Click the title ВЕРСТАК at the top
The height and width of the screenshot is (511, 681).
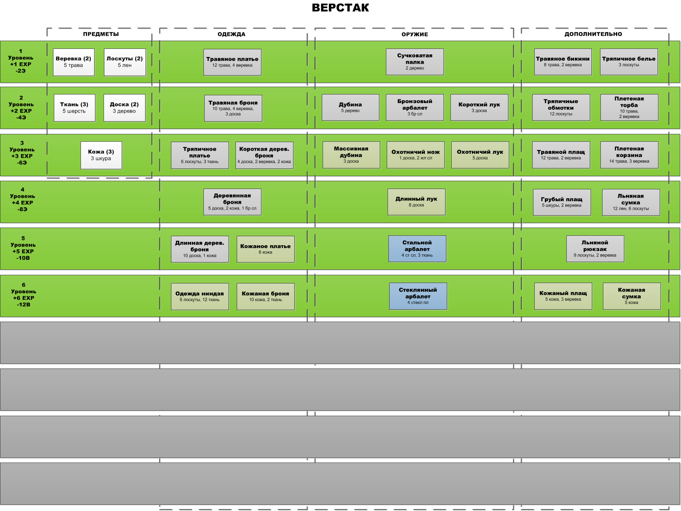(x=340, y=8)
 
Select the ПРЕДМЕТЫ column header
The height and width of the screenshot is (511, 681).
(x=101, y=34)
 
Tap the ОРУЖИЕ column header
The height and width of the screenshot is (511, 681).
(x=415, y=34)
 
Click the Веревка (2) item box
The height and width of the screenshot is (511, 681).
(x=74, y=62)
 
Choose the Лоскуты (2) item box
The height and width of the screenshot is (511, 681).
(x=125, y=62)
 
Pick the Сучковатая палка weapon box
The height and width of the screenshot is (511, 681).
(x=415, y=62)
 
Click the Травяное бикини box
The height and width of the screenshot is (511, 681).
(x=563, y=62)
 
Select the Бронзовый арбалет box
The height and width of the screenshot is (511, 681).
(x=415, y=108)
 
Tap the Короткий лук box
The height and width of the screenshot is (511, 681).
(x=479, y=108)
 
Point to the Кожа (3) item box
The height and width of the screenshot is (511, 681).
(x=101, y=155)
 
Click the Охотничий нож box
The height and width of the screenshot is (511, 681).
(x=416, y=155)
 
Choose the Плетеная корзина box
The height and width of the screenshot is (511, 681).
(x=629, y=155)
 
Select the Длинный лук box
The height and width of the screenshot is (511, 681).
(x=416, y=202)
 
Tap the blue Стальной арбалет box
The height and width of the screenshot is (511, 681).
(x=417, y=249)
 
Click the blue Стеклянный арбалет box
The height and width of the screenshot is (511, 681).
(x=418, y=296)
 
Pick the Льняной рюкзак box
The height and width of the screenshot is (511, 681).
(x=595, y=249)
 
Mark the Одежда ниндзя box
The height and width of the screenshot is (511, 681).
(x=200, y=296)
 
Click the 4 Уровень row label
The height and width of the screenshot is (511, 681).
(x=23, y=199)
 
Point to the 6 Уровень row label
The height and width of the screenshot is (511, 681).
(x=23, y=295)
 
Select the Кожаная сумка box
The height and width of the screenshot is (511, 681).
(x=631, y=296)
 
